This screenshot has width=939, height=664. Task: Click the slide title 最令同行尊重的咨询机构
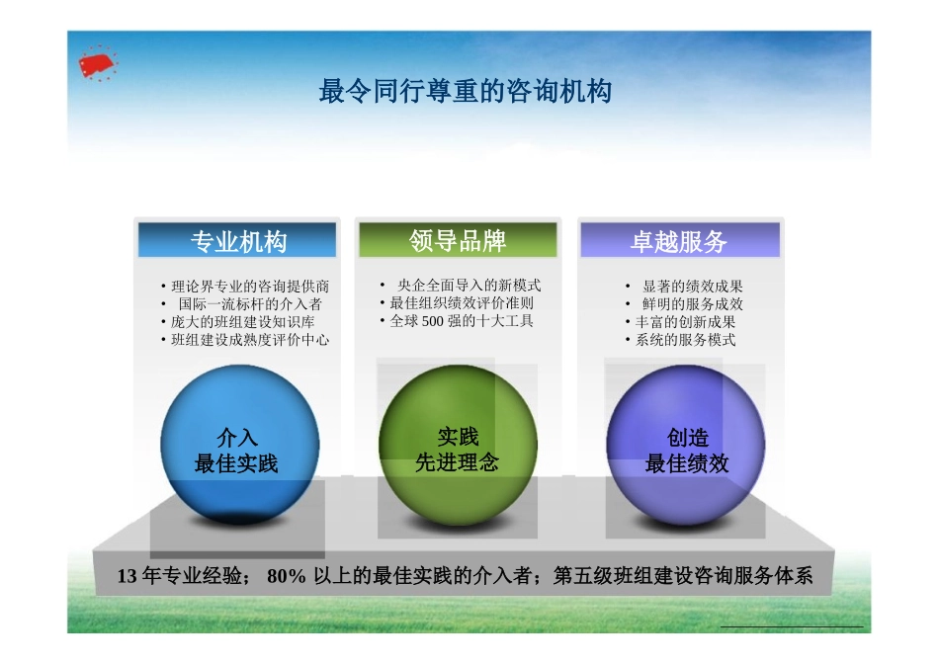(465, 92)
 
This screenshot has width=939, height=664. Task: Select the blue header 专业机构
(238, 241)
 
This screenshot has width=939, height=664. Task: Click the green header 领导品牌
(458, 240)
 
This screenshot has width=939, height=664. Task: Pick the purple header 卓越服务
(679, 241)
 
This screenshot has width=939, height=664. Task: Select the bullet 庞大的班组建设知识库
(243, 322)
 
